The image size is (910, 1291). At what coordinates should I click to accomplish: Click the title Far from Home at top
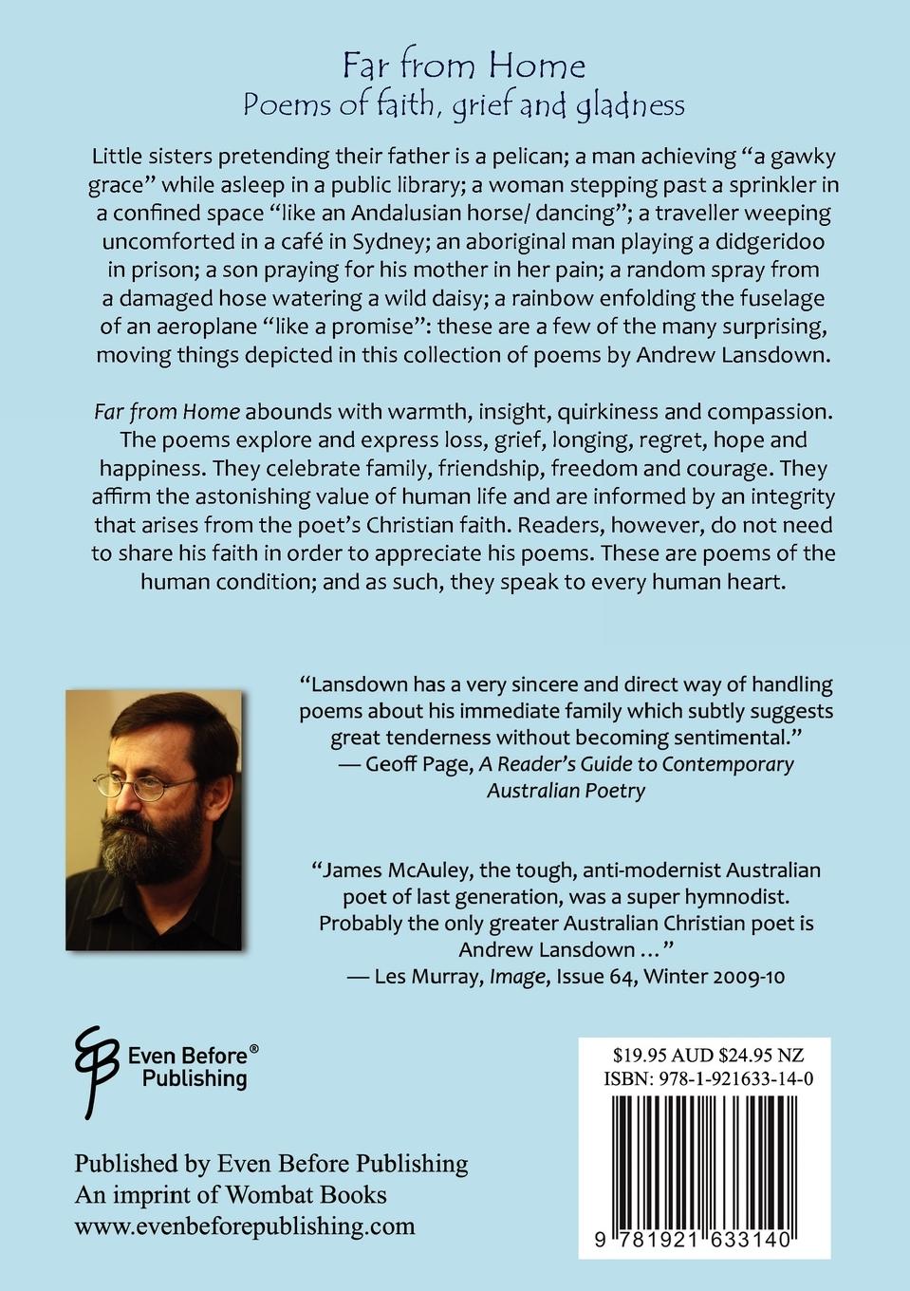pos(464,65)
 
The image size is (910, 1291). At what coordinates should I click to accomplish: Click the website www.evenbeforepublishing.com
pos(245,1226)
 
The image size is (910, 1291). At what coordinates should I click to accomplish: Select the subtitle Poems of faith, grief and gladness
pos(464,105)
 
